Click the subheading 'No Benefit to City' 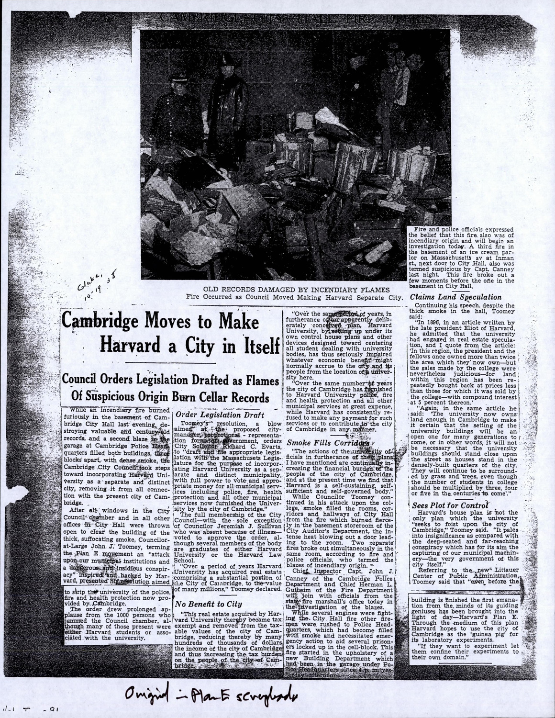208,604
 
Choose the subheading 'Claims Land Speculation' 452,297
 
